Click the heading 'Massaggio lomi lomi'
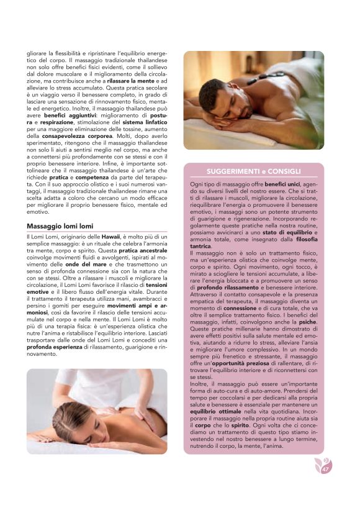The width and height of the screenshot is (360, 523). click(60, 226)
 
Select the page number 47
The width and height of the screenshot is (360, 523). click(325, 469)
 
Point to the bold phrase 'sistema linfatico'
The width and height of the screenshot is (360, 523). click(147, 122)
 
